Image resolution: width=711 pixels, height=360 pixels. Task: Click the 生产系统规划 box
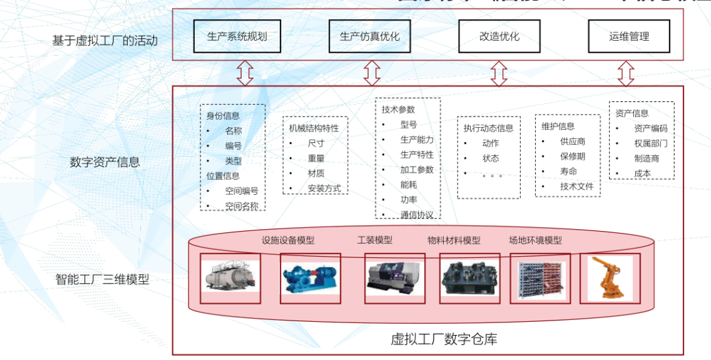coord(237,36)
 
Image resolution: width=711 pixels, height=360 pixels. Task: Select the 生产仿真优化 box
coord(369,36)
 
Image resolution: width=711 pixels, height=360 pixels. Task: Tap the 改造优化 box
coord(499,36)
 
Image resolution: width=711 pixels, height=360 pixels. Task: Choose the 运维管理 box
coord(629,36)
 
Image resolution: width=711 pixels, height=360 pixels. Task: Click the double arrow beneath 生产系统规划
coord(245,73)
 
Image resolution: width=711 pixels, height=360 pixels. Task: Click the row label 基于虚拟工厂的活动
coord(105,40)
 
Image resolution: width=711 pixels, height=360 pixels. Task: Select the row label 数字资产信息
coord(105,162)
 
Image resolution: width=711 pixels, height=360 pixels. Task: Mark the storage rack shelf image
coord(540,278)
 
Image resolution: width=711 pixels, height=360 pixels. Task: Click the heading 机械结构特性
coord(314,128)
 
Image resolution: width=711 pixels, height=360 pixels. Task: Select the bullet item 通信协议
coord(417,215)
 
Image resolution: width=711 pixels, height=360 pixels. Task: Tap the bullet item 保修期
coord(572,157)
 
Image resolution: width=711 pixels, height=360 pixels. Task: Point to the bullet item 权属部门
coord(650,143)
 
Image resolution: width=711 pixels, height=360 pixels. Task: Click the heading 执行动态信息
coord(488,128)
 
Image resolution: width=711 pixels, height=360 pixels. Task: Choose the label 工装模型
coord(375,240)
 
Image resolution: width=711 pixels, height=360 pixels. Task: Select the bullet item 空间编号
coord(241,191)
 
